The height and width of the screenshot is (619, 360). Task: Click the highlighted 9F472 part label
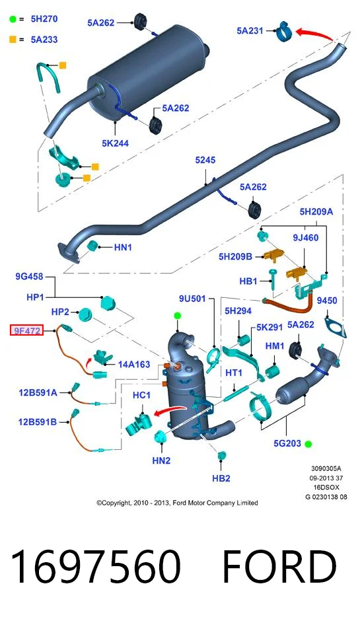(x=26, y=330)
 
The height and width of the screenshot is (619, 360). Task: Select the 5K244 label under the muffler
(x=115, y=143)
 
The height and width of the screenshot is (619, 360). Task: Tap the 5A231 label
(x=250, y=30)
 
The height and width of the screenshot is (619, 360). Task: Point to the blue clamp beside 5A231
(x=283, y=31)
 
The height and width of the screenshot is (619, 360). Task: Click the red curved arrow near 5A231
(x=314, y=34)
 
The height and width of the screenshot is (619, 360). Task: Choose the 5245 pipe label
(x=205, y=160)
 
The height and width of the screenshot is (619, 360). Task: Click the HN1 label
(x=123, y=248)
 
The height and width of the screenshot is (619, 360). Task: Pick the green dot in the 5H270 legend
(x=13, y=19)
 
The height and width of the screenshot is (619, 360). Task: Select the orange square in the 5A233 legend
(x=13, y=40)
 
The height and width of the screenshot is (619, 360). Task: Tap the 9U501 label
(x=192, y=299)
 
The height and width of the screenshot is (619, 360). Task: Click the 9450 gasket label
(x=327, y=301)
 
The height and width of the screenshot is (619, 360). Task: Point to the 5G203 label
(x=287, y=444)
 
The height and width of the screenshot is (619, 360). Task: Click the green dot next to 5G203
(x=308, y=444)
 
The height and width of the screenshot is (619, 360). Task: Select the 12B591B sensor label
(x=38, y=422)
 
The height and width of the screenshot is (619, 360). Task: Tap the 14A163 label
(x=134, y=365)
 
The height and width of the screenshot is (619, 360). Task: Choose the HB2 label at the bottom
(x=221, y=478)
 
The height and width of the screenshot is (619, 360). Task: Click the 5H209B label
(x=235, y=256)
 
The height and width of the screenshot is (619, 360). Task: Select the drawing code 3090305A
(x=326, y=469)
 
